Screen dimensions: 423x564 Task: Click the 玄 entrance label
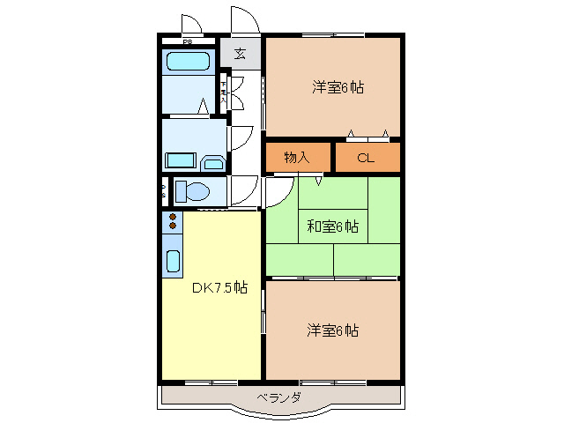coord(240,53)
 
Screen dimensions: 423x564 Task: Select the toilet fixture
coord(194,190)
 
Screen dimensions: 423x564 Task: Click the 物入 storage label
coord(297,158)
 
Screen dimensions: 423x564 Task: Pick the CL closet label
coord(366,158)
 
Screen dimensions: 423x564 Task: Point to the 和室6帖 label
coord(332,226)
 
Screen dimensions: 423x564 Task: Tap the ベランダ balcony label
coord(279,397)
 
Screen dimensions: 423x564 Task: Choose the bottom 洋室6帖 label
coord(332,330)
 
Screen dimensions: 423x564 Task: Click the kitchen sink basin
coord(174,261)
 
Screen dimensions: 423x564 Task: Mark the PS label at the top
coord(187,41)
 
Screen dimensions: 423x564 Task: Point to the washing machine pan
coord(181,161)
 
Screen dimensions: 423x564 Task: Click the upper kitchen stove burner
coord(173,217)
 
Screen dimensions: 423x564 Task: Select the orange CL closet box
coord(367,157)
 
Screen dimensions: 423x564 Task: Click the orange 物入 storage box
coord(298,157)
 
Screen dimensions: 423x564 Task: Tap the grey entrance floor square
coord(241,53)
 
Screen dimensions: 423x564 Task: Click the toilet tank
coord(179,190)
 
